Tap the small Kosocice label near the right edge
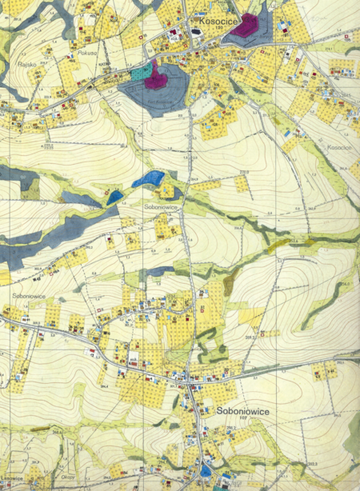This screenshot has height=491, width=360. (338, 148)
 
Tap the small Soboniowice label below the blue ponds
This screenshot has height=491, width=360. (160, 206)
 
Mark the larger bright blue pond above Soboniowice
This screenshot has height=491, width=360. (148, 178)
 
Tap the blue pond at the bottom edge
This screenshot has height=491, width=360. (206, 472)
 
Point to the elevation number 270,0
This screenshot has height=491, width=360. (244, 172)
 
